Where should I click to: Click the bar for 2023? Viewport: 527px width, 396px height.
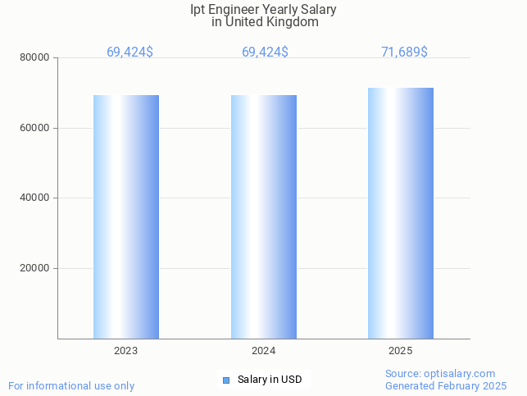coord(126,216)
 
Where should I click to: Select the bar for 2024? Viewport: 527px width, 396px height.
coord(264,216)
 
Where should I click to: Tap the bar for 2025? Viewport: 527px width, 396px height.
coord(401,213)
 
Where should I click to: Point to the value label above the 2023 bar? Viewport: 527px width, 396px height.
coord(129,52)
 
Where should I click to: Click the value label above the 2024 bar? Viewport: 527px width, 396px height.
coord(265,52)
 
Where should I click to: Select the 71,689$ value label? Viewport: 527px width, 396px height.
coord(404,52)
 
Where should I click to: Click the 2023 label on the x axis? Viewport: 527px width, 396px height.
coord(126,350)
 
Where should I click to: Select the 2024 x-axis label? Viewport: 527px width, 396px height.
coord(264,350)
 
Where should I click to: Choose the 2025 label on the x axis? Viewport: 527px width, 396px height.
coord(401,350)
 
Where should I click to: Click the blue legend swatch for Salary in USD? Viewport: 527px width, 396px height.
coord(227,380)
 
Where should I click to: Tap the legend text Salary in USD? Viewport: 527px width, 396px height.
coord(270,380)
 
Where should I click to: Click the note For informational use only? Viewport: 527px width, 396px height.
coord(71,385)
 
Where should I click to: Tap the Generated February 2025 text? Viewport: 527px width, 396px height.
coord(446,385)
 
